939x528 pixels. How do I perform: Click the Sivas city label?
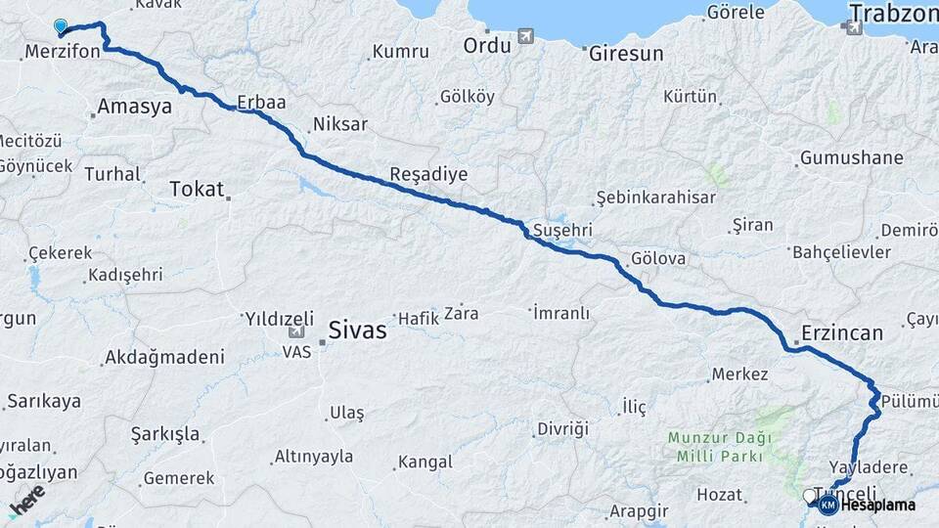point(358,330)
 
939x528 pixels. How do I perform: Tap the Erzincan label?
point(842,332)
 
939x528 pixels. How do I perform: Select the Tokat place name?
point(197,189)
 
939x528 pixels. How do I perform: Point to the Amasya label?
point(135,107)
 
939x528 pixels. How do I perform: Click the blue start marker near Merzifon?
point(62,27)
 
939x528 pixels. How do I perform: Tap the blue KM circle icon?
point(827,505)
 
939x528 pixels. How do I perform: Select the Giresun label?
point(626,54)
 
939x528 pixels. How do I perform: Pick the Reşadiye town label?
point(428,174)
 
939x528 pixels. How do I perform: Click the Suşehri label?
point(562,231)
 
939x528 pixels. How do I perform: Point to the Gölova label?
point(658,260)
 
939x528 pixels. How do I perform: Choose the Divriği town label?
point(562,428)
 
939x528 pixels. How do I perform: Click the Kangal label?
point(424,462)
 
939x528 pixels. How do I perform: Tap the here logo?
point(26,499)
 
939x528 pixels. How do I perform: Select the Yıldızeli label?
point(279,319)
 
